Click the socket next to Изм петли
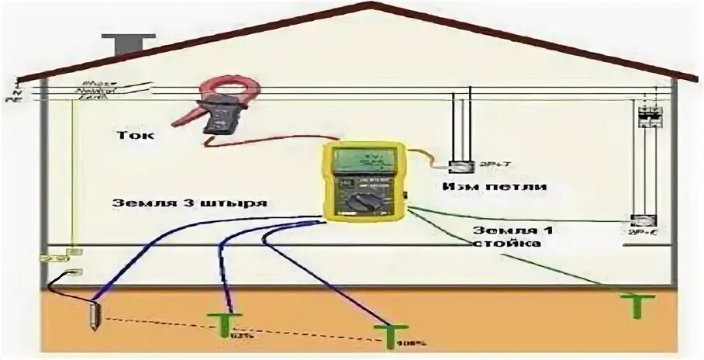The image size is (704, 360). [462, 165]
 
